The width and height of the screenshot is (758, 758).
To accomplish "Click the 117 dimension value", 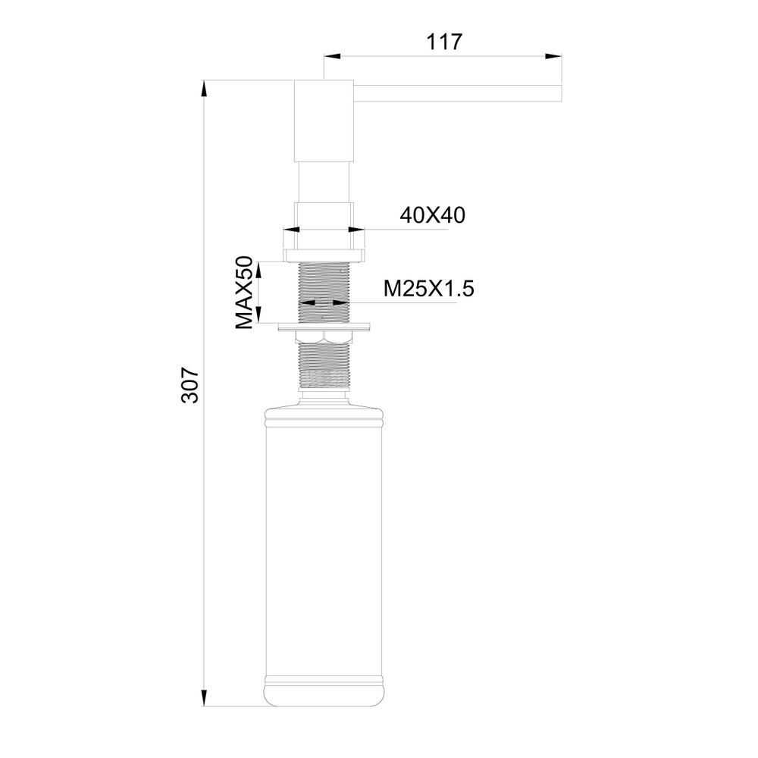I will (444, 42).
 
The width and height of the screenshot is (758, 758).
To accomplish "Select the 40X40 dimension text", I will (432, 216).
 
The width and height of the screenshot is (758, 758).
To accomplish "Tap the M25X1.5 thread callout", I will (428, 289).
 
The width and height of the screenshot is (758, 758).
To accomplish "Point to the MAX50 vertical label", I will (244, 293).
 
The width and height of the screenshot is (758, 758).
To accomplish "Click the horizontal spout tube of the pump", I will (458, 92).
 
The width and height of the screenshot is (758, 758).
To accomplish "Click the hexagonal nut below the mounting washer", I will (324, 337).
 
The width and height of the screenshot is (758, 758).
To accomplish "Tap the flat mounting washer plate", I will (324, 327).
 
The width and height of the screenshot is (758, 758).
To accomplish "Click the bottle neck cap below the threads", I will (324, 395).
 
